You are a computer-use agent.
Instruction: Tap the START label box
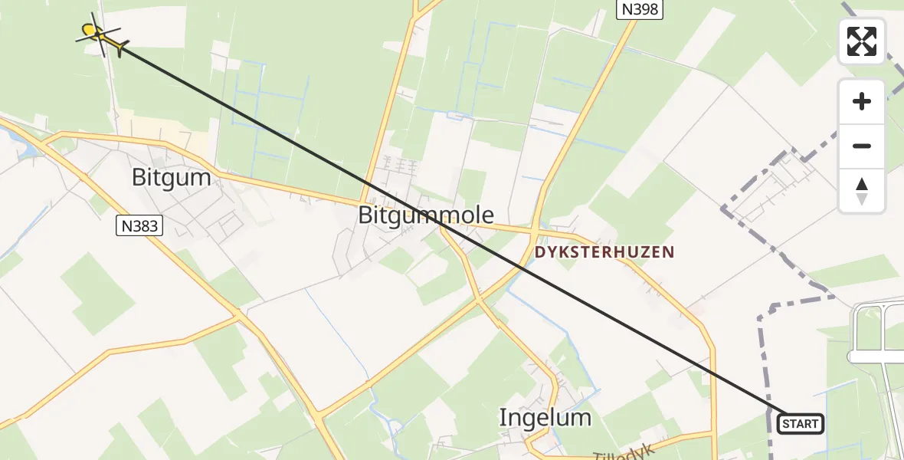(x=801, y=423)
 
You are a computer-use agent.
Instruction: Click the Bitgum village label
(x=171, y=178)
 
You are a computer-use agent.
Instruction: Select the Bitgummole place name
(x=426, y=215)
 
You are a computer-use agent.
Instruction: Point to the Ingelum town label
(x=545, y=418)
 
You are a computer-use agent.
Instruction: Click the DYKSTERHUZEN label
(x=604, y=252)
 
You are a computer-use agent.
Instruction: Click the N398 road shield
(x=639, y=9)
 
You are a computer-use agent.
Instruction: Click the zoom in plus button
(x=862, y=101)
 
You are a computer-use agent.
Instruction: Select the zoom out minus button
(x=862, y=146)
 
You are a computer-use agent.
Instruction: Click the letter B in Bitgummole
(x=366, y=215)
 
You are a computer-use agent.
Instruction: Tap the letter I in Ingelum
(x=503, y=418)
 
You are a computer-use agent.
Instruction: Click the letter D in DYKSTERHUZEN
(x=539, y=252)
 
